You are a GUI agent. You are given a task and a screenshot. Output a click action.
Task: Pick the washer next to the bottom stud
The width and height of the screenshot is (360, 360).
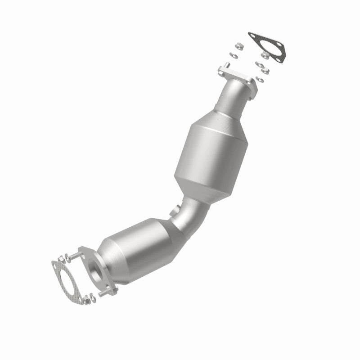(x=93, y=296)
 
